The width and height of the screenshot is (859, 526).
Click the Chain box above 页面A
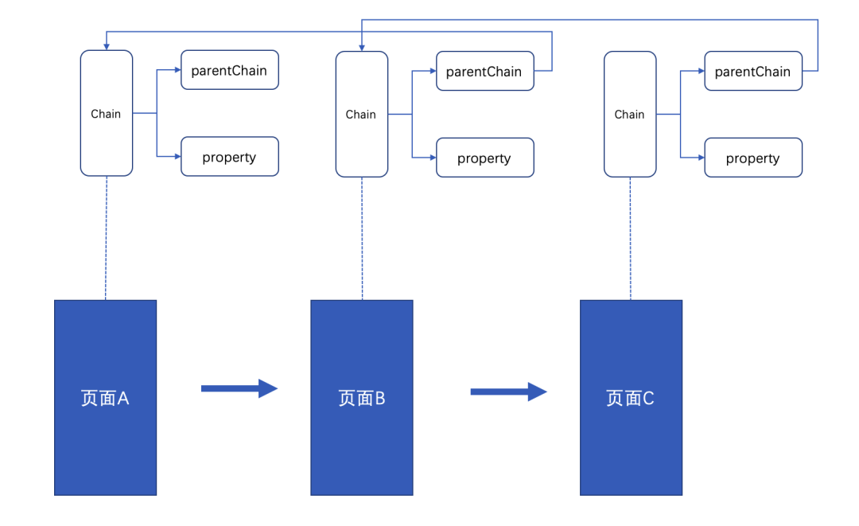pos(106,113)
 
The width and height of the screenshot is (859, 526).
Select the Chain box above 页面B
pos(361,114)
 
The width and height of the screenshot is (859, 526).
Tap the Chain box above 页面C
pos(630,114)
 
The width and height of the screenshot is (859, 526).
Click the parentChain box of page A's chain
pos(229,70)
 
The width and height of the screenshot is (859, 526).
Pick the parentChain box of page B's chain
pos(484,71)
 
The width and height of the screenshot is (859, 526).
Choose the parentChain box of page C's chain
pos(753,71)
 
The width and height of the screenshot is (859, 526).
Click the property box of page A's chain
pos(229,157)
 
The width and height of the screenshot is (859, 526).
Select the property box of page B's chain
pos(484,158)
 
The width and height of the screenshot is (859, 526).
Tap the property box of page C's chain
pos(753,158)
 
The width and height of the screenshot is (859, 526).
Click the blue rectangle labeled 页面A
pos(105,397)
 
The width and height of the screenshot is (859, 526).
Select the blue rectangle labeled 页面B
pos(362,397)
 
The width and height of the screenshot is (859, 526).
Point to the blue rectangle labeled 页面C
pos(631,397)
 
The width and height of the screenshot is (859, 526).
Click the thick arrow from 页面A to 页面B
pos(239,388)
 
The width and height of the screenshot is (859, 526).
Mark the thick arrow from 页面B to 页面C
pos(508,392)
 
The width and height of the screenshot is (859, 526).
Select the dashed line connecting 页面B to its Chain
pos(362,238)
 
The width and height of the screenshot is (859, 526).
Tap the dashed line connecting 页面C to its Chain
pos(631,238)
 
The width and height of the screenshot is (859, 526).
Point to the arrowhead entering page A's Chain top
pos(106,46)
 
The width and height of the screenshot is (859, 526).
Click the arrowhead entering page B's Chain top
pos(362,47)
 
